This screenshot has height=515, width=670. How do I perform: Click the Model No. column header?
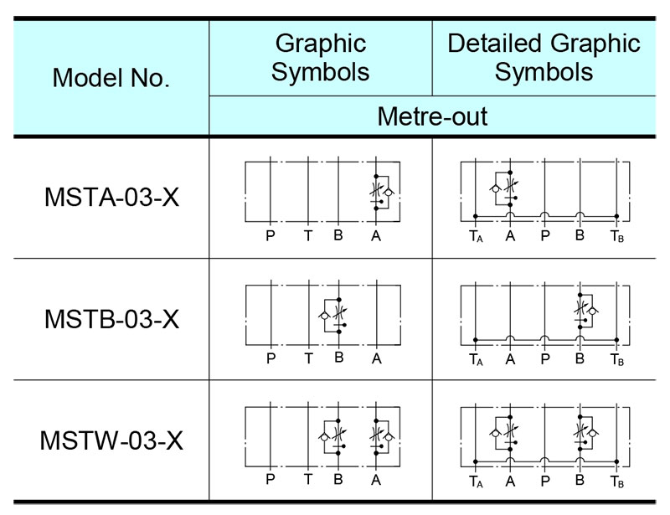pos(111,78)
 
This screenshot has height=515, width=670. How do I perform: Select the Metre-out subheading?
pos(432,116)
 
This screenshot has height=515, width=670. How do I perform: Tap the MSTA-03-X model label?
pos(111,198)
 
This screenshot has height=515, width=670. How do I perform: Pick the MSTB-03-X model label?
pos(111,319)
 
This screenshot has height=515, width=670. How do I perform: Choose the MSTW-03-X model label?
pos(111,440)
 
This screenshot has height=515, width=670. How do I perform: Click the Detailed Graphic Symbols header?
pos(544,57)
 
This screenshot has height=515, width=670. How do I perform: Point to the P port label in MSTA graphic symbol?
pos(270,235)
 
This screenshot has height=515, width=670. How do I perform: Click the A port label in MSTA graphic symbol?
pos(375,235)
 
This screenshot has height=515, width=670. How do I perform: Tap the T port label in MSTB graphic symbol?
pos(308,358)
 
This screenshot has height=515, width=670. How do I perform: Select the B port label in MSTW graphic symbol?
pos(338,480)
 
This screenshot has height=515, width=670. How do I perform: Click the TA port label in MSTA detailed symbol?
pos(476,236)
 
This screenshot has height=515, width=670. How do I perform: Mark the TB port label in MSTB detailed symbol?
pos(617,360)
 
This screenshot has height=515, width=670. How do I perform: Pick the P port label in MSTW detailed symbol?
pos(545,482)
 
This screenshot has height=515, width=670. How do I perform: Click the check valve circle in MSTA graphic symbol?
pos(388,193)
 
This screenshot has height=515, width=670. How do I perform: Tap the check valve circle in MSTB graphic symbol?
pos(324,316)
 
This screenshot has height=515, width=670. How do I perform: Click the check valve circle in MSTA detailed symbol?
pos(495,188)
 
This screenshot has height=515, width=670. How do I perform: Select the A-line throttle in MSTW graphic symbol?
pos(376,434)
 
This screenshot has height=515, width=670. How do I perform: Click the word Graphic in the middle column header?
pos(321,44)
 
